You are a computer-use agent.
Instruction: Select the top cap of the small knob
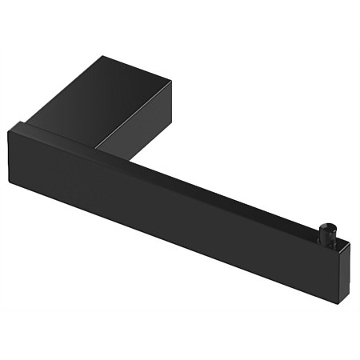(327, 225)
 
